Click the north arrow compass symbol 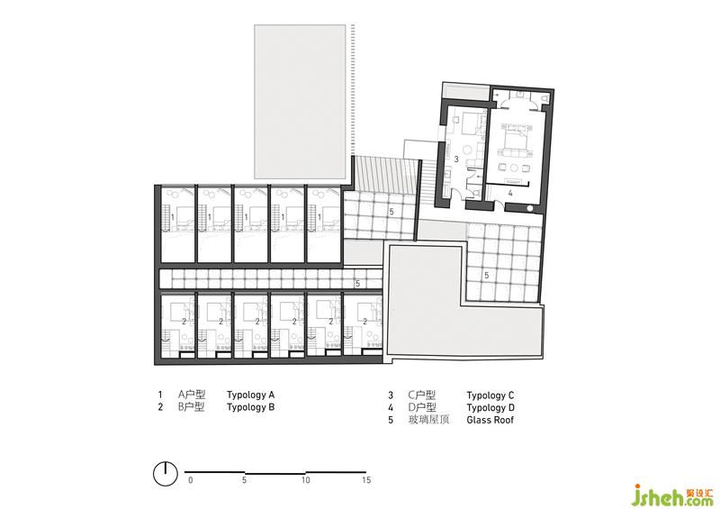coord(166,473)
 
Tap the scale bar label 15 coord(366,480)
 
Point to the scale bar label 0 coord(191,480)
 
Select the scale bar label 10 coord(306,480)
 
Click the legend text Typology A coord(250,395)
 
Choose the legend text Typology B coord(251,407)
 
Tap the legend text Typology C coord(490,395)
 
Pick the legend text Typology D coord(490,407)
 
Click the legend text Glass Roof coord(490,419)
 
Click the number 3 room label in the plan coord(456,159)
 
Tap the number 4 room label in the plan coord(510,194)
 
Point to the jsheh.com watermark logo coord(673,495)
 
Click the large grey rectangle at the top coord(301,102)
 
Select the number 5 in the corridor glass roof coord(357,284)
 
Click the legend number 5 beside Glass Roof coord(391,420)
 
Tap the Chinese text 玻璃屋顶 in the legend coord(428,419)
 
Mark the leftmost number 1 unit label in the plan coord(173,216)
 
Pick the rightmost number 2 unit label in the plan coord(365,321)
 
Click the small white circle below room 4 coord(530,208)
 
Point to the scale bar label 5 coord(244,480)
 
